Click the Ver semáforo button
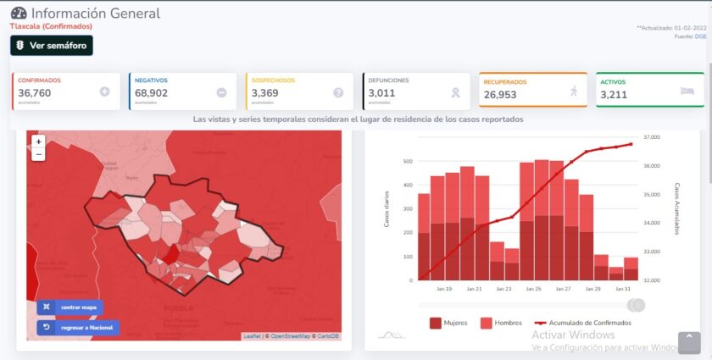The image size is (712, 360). click(51, 45)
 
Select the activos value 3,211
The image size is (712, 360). click(614, 95)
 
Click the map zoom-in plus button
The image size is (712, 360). click(38, 142)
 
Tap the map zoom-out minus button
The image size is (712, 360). click(38, 154)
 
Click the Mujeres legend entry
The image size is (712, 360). click(449, 323)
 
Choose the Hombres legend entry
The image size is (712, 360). click(501, 323)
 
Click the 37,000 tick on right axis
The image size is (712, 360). click(652, 136)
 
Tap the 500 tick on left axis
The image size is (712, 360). click(408, 161)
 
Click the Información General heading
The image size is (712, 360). click(95, 14)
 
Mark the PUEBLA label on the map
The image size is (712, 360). click(179, 307)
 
